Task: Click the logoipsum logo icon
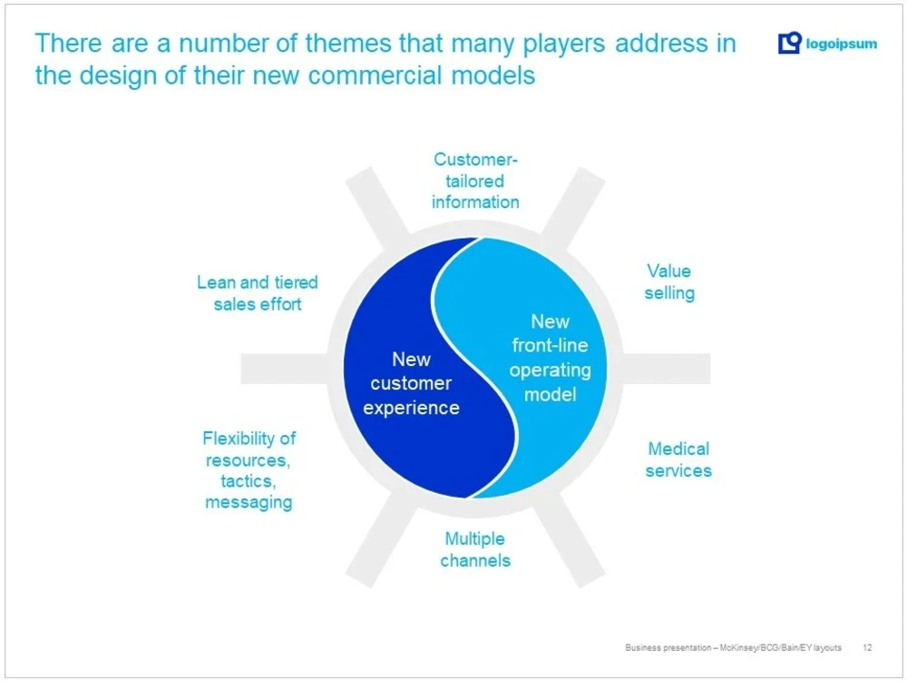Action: click(790, 43)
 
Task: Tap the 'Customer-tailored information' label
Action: click(475, 181)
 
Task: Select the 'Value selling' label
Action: click(669, 281)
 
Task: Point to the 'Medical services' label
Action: click(678, 459)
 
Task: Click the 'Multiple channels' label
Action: click(475, 549)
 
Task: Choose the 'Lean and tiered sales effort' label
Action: click(258, 293)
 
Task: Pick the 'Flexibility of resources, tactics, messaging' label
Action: click(249, 469)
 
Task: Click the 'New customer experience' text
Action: click(411, 383)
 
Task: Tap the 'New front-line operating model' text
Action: click(550, 358)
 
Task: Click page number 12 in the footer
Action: click(868, 647)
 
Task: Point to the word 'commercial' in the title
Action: click(372, 75)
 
